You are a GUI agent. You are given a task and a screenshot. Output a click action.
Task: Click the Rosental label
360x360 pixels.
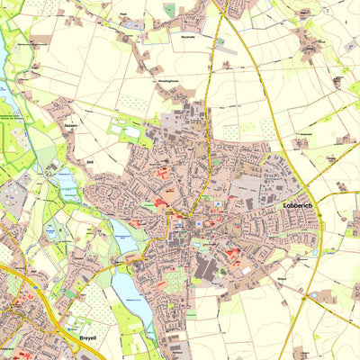[x=188, y=39]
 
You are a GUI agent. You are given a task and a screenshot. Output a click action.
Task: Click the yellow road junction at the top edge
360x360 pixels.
[x=218, y=4]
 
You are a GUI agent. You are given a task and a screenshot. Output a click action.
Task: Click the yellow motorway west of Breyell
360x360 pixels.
[x=11, y=270]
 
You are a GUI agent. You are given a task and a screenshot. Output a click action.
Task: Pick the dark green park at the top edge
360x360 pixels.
[x=169, y=9]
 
